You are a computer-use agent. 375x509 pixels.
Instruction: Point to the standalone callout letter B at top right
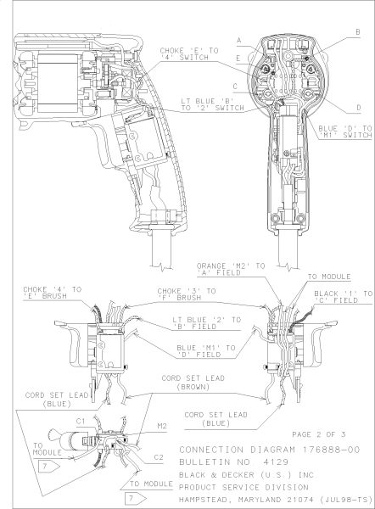[x=357, y=31]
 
